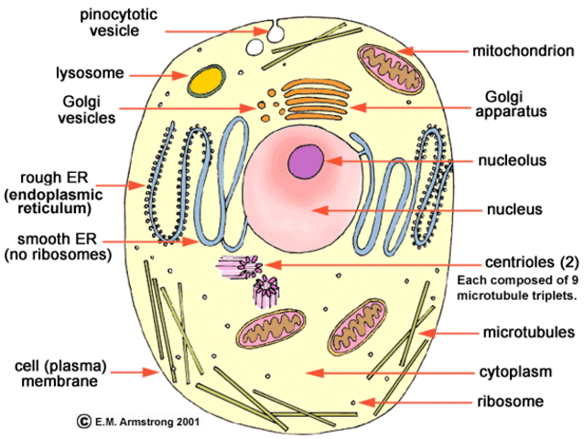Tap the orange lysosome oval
(x=206, y=80)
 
